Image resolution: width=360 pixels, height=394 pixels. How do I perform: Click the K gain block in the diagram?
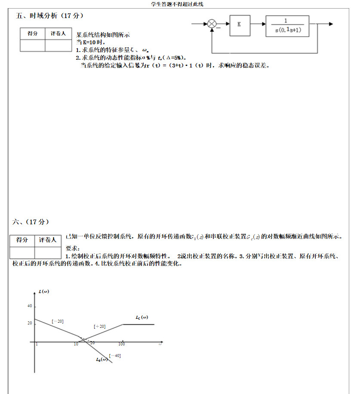[x=239, y=24]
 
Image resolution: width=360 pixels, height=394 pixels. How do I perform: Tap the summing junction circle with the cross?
[x=212, y=24]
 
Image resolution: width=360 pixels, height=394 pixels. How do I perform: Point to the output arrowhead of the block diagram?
[x=330, y=24]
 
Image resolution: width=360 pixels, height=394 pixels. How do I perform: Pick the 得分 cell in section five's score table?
[x=32, y=34]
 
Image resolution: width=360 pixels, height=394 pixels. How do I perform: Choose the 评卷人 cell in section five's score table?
[x=58, y=34]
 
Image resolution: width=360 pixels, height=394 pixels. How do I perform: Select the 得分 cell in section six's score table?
[x=22, y=240]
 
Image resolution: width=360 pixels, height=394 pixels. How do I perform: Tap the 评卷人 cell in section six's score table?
[x=48, y=240]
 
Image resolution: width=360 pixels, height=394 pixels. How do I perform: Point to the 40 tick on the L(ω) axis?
[x=30, y=306]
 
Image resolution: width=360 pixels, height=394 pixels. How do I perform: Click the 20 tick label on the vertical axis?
[x=30, y=323]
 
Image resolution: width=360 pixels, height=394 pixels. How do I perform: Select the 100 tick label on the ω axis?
[x=122, y=344]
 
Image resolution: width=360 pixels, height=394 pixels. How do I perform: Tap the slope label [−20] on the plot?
[x=58, y=321]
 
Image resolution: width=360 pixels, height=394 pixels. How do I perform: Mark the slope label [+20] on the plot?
[x=99, y=327]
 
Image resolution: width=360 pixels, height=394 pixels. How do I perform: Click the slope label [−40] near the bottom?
[x=115, y=356]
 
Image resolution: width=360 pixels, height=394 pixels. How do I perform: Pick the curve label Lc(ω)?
[x=142, y=318]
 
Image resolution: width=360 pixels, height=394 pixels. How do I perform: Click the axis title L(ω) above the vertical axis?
[x=43, y=291]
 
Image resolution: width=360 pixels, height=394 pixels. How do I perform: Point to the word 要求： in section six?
[x=73, y=249]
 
